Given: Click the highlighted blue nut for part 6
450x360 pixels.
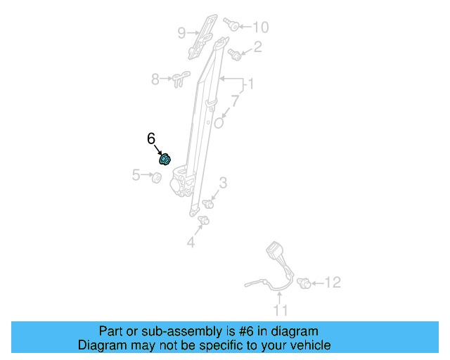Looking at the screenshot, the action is (x=165, y=159).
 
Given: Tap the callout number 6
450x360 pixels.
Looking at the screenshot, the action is (x=151, y=139).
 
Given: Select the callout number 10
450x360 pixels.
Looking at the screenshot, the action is (x=260, y=27).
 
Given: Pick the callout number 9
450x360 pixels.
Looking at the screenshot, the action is (x=181, y=32).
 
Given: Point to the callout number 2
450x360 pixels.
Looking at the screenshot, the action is (x=257, y=47).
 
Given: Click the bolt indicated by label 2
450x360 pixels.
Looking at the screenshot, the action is (x=236, y=54).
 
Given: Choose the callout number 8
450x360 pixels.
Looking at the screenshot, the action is (x=155, y=79).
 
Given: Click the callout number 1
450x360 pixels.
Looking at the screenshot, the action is (x=249, y=86).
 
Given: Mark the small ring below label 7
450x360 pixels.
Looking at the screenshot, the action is (x=219, y=122).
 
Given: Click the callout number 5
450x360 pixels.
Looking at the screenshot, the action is (x=136, y=175).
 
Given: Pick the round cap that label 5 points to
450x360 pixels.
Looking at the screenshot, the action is (x=157, y=176).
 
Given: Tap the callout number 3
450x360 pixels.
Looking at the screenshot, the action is (x=222, y=184).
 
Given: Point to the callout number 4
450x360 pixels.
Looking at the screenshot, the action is (x=190, y=243).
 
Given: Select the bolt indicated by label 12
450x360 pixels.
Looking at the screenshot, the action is (x=305, y=283).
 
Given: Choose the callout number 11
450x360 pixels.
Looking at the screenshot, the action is (x=281, y=310).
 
